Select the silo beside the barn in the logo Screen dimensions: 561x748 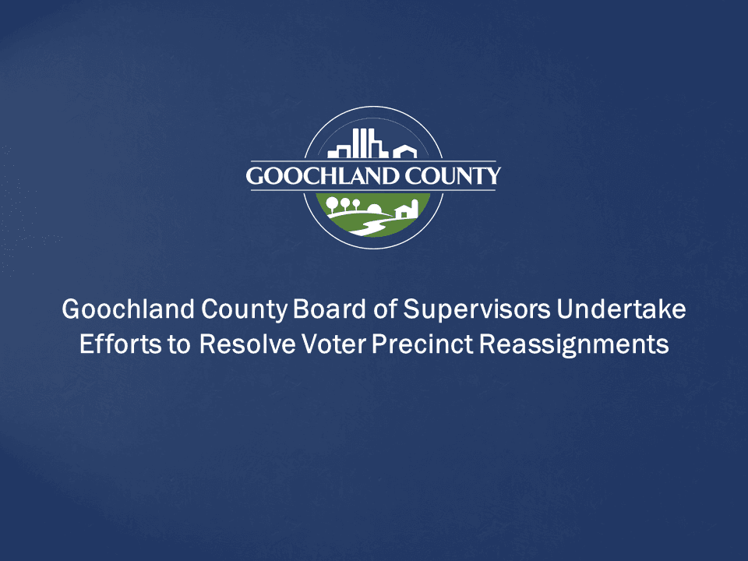(415, 207)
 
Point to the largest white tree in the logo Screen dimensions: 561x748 (333, 204)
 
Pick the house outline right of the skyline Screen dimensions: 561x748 (404, 150)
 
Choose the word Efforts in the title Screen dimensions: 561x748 (112, 344)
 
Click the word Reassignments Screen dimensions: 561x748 (574, 344)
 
